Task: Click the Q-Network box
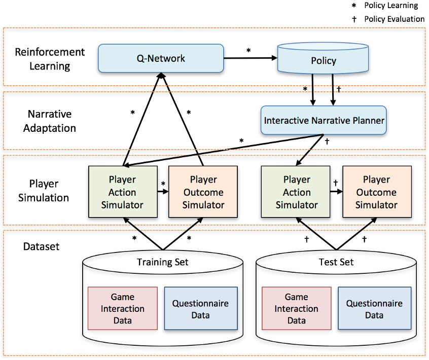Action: [161, 58]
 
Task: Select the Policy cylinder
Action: [323, 61]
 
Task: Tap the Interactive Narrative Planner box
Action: [324, 121]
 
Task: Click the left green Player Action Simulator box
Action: [122, 192]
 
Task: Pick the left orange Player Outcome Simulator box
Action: [203, 192]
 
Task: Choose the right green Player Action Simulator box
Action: [297, 192]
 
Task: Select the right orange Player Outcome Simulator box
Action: [376, 192]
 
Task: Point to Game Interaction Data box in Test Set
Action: [296, 308]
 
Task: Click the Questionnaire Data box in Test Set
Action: [374, 308]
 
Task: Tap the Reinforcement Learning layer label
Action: [50, 59]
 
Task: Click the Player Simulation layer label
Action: [43, 191]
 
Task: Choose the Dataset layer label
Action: [41, 247]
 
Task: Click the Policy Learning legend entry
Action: [391, 6]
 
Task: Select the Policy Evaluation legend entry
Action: [394, 19]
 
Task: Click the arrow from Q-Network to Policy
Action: [250, 58]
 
